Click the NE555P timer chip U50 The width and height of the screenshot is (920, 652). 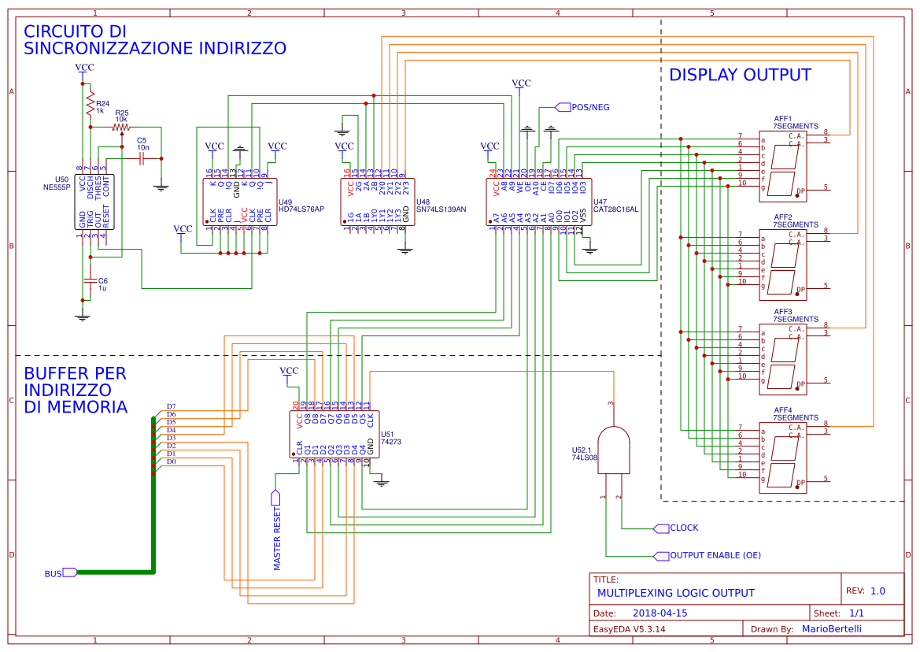pos(94,202)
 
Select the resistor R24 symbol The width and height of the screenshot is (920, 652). pos(90,106)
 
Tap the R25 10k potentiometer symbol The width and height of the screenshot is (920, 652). pos(121,127)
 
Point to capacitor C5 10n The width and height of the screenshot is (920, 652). pos(142,158)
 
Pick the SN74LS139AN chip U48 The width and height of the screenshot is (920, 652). pos(375,202)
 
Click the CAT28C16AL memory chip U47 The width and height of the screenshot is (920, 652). pos(535,202)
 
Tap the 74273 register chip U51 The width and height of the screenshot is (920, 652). pos(334,434)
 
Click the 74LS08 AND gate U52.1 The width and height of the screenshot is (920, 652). pos(613,450)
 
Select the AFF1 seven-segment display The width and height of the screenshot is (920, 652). pos(782,163)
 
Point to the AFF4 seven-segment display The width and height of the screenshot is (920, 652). pos(782,458)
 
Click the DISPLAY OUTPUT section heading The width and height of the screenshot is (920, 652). pos(739,75)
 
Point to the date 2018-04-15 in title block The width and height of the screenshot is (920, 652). pos(660,613)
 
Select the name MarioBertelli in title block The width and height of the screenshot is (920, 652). pos(831,628)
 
